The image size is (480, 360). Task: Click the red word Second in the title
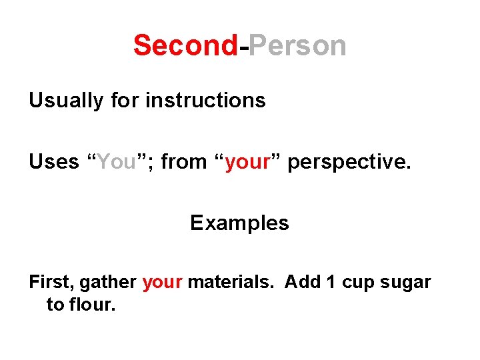[x=185, y=46]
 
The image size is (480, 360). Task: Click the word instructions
[x=205, y=101]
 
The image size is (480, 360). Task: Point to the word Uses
[x=53, y=161]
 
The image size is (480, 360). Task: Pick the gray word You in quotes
[x=117, y=161]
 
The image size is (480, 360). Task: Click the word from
[x=184, y=161]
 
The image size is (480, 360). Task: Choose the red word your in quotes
[x=246, y=163]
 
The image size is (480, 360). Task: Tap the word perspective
[x=350, y=163]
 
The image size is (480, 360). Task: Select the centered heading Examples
[x=239, y=223]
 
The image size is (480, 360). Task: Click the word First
[x=51, y=282]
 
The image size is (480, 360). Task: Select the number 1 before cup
[x=331, y=282]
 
